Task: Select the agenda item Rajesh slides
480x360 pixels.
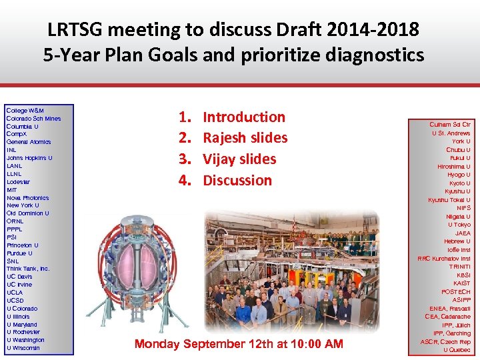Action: click(x=245, y=138)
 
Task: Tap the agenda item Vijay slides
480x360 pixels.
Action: click(x=239, y=159)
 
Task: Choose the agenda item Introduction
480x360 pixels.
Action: click(x=243, y=117)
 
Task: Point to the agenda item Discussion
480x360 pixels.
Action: click(x=237, y=181)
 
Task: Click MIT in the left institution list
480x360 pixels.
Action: click(x=12, y=190)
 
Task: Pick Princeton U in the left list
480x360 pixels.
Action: click(x=23, y=245)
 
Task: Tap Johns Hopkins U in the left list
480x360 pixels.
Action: click(x=29, y=158)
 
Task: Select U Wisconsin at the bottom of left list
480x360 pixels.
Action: click(x=23, y=348)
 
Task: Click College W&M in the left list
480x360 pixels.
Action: click(x=25, y=110)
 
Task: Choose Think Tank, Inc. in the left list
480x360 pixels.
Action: click(x=28, y=269)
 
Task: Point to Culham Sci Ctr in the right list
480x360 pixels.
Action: click(x=449, y=125)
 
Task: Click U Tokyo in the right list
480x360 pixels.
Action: click(x=459, y=225)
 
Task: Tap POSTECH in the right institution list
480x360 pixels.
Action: click(x=455, y=292)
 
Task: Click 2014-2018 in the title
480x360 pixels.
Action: click(x=364, y=30)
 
